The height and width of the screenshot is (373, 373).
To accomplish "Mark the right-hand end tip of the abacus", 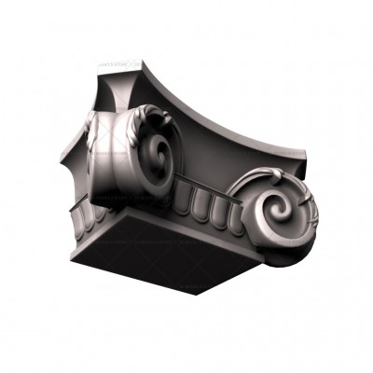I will (305, 149).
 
